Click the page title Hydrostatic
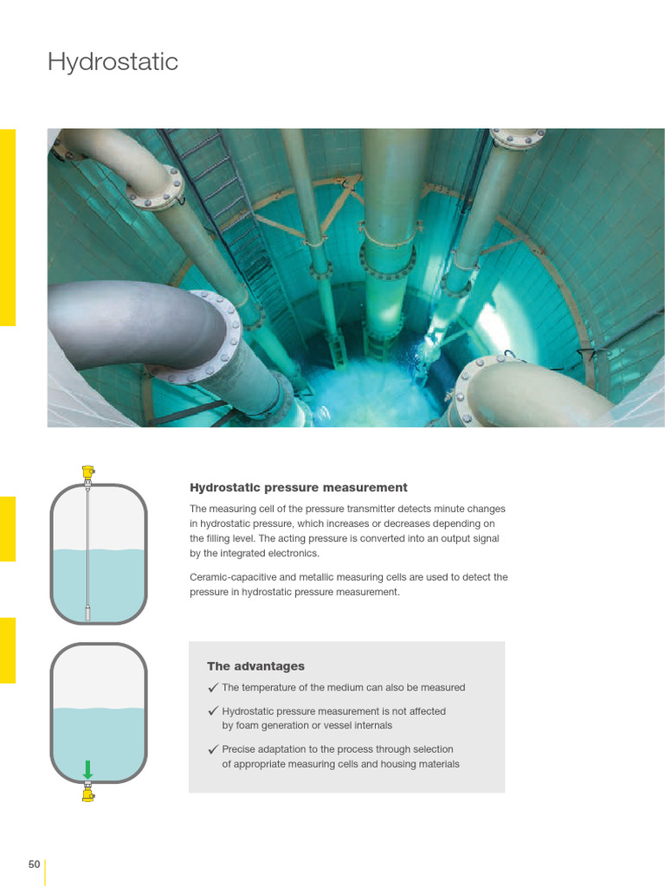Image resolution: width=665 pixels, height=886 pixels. pyautogui.click(x=113, y=62)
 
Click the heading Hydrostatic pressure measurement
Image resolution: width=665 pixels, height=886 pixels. pyautogui.click(x=298, y=488)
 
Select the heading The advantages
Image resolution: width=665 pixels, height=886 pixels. pyautogui.click(x=255, y=666)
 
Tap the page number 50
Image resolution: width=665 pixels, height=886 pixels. pyautogui.click(x=35, y=864)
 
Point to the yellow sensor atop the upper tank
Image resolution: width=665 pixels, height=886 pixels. pyautogui.click(x=88, y=472)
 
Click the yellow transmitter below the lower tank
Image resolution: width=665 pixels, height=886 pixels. pyautogui.click(x=88, y=792)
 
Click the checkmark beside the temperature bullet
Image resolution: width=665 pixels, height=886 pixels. pyautogui.click(x=213, y=688)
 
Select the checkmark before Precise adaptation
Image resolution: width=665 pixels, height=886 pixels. pyautogui.click(x=213, y=749)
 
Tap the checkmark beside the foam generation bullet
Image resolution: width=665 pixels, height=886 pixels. pyautogui.click(x=213, y=711)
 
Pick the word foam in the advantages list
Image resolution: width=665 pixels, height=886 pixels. pyautogui.click(x=248, y=726)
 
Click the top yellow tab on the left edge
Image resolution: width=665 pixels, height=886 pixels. pyautogui.click(x=7, y=228)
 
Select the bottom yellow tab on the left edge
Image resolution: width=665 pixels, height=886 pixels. pyautogui.click(x=7, y=650)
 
